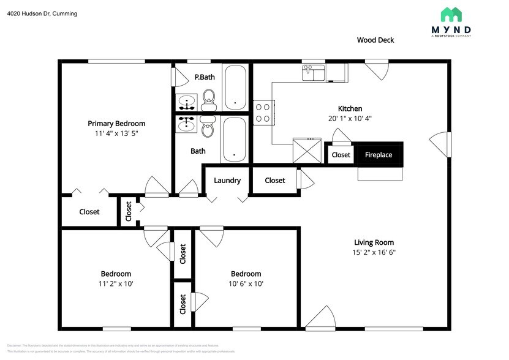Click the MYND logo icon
click(456, 15)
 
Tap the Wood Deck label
click(375, 40)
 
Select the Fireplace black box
click(379, 155)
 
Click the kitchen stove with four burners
click(263, 112)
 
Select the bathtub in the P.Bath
click(235, 87)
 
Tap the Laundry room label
click(227, 181)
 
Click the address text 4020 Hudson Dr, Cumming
click(42, 13)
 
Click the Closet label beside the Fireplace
click(341, 155)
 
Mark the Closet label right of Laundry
click(275, 181)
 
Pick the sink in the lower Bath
click(187, 124)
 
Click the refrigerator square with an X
click(307, 149)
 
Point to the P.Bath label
click(204, 77)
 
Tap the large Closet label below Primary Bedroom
click(89, 212)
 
